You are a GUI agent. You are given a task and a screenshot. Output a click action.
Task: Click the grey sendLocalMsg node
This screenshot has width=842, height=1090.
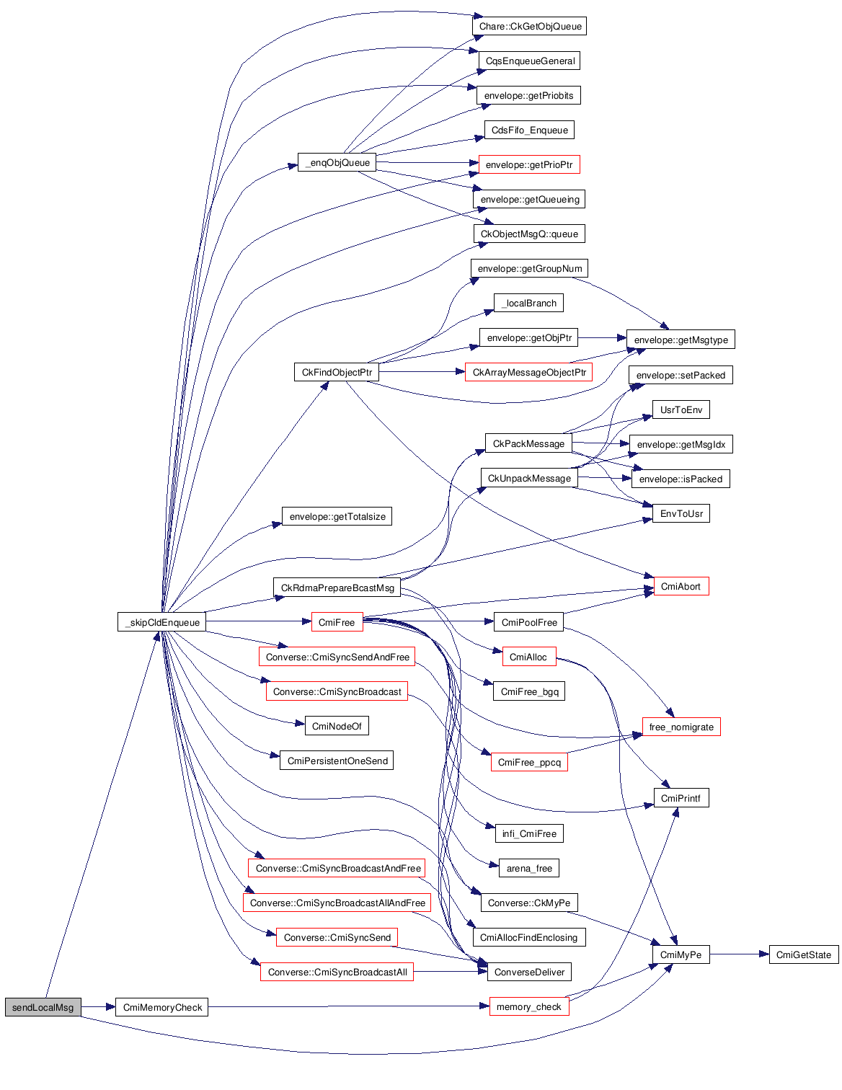43,1007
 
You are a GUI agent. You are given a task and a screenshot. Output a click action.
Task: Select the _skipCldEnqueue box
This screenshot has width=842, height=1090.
161,622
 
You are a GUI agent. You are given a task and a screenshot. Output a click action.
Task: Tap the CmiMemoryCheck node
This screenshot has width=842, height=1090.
162,1007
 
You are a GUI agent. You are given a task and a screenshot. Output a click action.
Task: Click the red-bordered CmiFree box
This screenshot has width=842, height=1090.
337,622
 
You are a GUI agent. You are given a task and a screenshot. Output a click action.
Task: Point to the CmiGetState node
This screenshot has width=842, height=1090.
803,954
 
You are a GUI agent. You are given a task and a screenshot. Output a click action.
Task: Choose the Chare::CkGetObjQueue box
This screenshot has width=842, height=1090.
530,27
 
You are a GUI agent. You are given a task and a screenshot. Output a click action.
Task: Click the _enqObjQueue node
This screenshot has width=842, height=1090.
337,162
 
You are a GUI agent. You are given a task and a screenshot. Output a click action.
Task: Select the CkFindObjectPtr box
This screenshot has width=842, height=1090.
337,372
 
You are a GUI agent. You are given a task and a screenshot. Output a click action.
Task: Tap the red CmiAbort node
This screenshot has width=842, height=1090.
681,586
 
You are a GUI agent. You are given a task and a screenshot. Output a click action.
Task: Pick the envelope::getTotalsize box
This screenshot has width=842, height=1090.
337,516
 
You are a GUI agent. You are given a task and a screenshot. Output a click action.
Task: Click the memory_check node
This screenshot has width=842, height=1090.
528,1006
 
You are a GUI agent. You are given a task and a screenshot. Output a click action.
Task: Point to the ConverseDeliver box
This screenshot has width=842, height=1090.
529,972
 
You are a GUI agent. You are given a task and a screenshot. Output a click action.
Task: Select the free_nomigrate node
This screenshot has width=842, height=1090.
681,727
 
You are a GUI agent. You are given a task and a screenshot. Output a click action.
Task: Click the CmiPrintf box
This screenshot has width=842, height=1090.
681,798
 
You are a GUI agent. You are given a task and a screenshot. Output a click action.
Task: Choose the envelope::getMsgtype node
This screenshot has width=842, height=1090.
681,340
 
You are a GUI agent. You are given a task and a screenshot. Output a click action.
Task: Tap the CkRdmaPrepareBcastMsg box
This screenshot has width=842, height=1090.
337,588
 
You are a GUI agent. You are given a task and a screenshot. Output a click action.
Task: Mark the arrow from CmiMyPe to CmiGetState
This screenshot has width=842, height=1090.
739,954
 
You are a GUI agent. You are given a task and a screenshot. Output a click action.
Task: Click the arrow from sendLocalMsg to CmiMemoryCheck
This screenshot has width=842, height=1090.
98,1007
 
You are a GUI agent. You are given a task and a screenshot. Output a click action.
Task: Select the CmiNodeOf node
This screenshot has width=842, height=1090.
337,726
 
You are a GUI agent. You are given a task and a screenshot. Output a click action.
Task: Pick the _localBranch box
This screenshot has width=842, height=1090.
529,303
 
